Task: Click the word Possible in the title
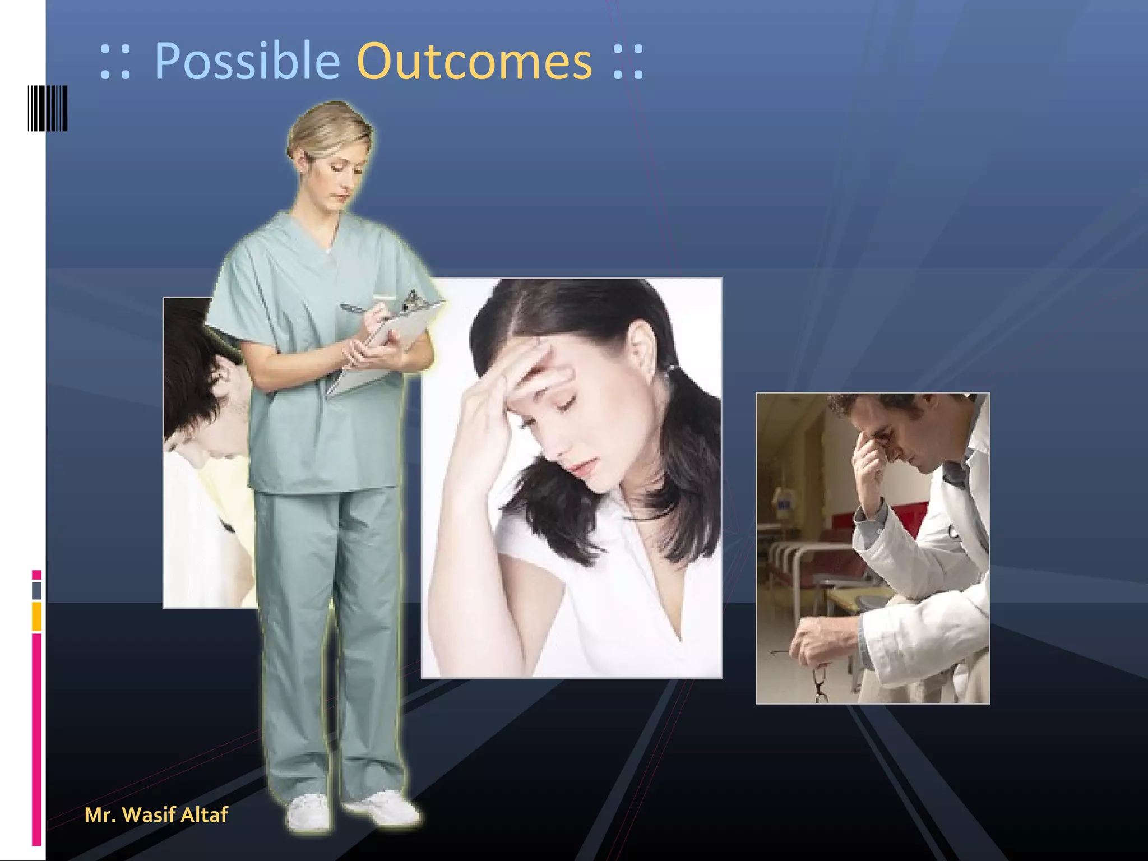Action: pyautogui.click(x=247, y=62)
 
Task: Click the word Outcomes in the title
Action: pyautogui.click(x=474, y=62)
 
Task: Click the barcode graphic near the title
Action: pyautogui.click(x=48, y=108)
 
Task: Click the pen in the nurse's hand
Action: pyautogui.click(x=359, y=308)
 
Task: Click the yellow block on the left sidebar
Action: pyautogui.click(x=36, y=616)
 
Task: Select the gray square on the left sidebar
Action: pyautogui.click(x=36, y=590)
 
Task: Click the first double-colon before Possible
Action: pyautogui.click(x=115, y=62)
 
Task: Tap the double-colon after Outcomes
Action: pyautogui.click(x=628, y=62)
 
